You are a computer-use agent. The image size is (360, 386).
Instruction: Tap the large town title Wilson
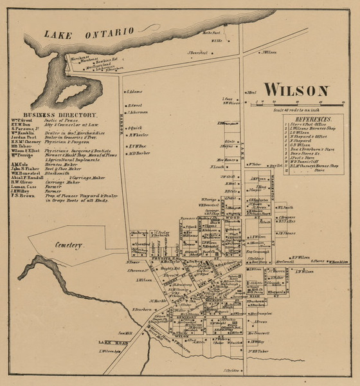click(x=296, y=89)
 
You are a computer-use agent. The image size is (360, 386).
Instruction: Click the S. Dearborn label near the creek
click(x=143, y=309)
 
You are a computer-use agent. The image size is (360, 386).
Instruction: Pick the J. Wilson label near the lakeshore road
click(x=269, y=51)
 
